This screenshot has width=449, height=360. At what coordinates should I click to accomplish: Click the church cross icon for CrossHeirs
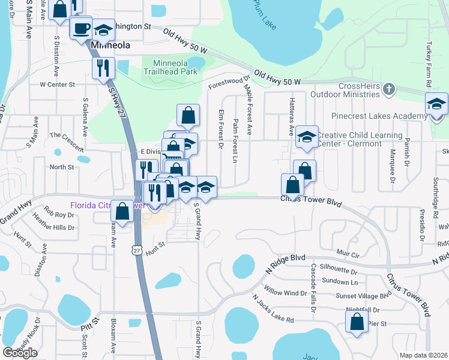click(x=389, y=90)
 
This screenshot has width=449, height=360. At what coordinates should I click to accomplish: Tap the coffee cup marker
click(x=81, y=28)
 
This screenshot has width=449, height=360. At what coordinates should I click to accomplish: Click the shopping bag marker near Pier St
click(x=357, y=322)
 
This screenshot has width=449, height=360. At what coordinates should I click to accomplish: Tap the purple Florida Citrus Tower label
click(x=99, y=205)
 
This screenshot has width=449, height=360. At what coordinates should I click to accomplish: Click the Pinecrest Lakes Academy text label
click(x=379, y=116)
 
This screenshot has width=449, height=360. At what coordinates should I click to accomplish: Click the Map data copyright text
click(x=423, y=355)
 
